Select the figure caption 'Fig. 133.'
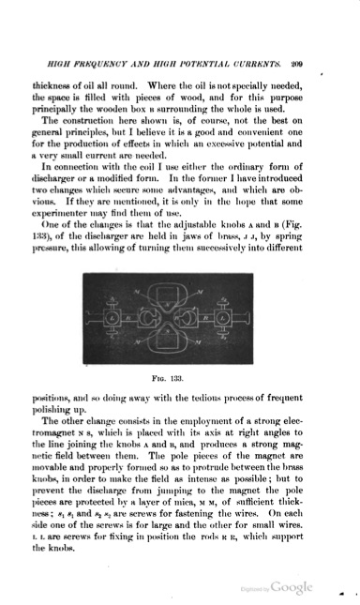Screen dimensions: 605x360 click(x=181, y=374)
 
